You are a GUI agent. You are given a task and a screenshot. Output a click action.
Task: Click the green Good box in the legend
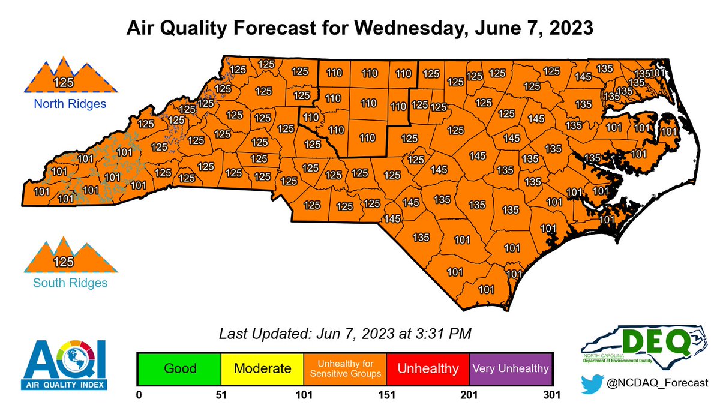(179, 368)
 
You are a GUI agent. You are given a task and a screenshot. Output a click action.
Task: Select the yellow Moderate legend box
(262, 368)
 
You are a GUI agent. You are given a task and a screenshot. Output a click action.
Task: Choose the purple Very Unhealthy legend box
(510, 368)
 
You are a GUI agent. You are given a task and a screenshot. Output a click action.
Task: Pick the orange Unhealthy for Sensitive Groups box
(345, 368)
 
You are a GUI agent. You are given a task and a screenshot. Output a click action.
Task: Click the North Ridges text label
(70, 104)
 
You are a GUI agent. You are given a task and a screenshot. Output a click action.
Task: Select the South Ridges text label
(70, 282)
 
